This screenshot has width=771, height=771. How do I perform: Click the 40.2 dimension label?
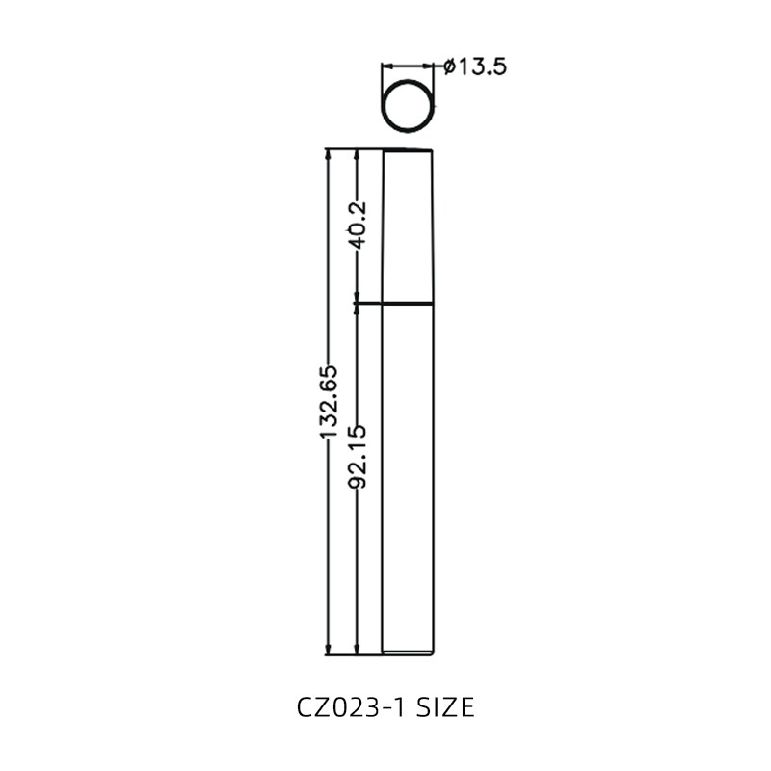[358, 226]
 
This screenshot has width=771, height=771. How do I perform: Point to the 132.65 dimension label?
[328, 402]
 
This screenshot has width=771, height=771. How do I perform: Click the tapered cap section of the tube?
[409, 226]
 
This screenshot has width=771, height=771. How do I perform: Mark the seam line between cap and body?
[409, 304]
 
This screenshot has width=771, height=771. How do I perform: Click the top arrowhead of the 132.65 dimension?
[328, 154]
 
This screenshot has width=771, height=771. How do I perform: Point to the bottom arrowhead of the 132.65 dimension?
[328, 649]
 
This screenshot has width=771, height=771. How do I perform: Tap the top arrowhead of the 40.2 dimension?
[358, 154]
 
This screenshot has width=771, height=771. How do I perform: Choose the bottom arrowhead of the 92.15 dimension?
[358, 649]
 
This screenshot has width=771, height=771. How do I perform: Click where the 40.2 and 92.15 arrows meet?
[358, 304]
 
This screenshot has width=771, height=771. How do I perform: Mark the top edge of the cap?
[409, 150]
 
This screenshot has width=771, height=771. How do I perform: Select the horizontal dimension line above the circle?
[409, 66]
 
